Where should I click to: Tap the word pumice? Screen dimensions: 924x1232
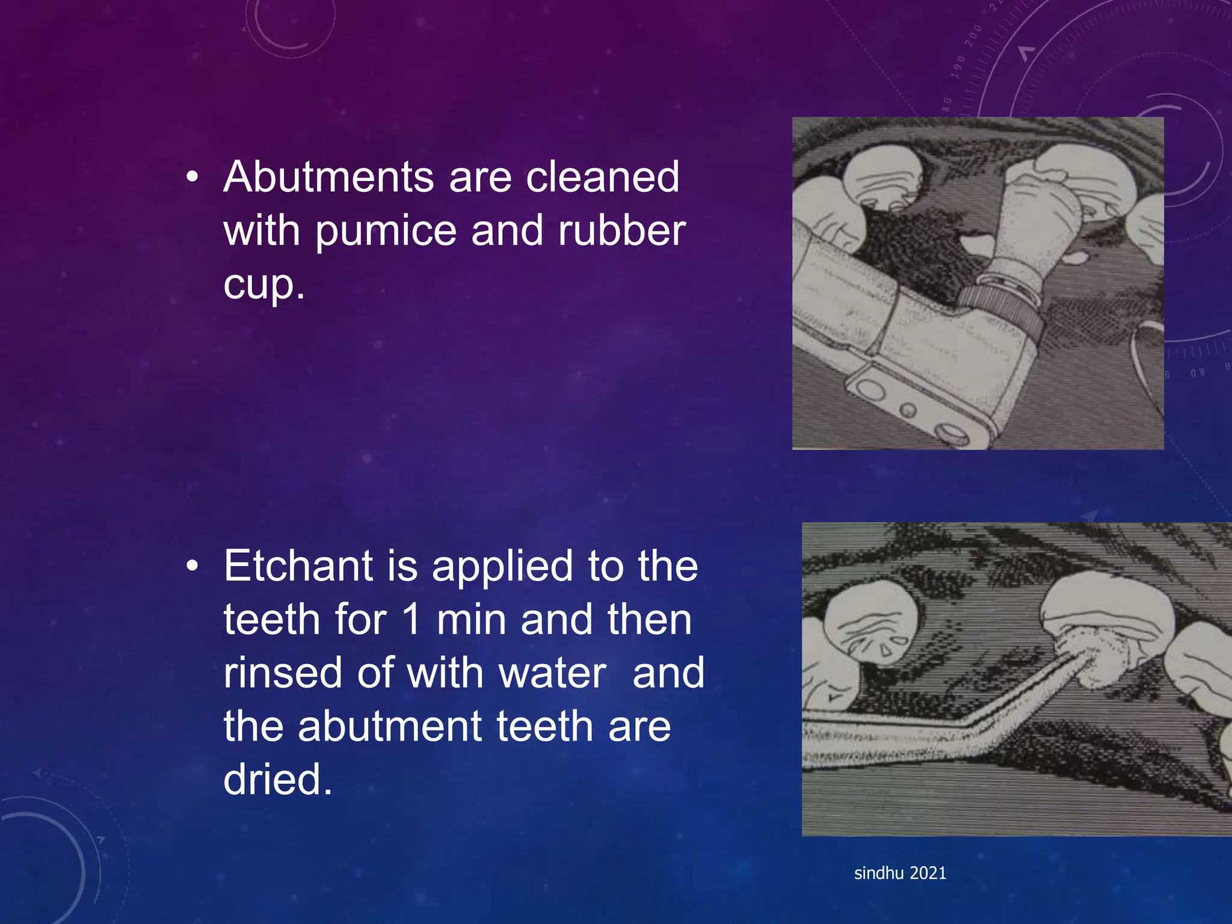[x=386, y=230]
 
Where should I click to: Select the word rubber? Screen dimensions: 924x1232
[x=621, y=230]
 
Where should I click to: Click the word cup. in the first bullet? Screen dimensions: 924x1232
[x=264, y=284]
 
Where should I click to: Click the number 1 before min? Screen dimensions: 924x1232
[x=411, y=619]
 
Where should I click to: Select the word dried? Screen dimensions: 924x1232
[x=277, y=780]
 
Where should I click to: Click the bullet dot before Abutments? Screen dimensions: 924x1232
[x=192, y=177]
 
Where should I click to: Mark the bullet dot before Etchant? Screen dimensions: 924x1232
[x=192, y=566]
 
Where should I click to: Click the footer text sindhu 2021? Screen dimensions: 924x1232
[x=900, y=873]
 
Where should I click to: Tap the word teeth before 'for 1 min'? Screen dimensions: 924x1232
[x=271, y=619]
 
